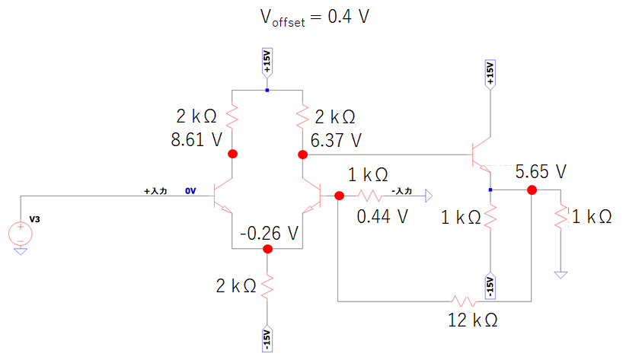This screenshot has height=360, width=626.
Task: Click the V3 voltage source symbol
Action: coord(21,234)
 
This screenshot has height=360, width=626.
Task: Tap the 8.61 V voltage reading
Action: coord(196,140)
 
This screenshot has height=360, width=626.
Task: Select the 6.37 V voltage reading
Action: coord(336,140)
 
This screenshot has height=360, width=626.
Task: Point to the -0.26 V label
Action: coord(269,233)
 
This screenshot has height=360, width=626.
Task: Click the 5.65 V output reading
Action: coord(541,171)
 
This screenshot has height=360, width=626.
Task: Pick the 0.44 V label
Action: coord(382,216)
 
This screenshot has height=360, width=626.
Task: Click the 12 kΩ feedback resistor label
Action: coord(473,320)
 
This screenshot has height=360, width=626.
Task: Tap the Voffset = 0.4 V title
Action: coord(315,18)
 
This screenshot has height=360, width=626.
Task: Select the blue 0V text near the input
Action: coord(190,191)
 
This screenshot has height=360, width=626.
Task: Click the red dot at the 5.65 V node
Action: coord(532,190)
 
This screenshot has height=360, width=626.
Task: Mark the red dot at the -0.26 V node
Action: coord(267,249)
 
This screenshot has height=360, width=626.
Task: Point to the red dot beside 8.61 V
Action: coord(232,154)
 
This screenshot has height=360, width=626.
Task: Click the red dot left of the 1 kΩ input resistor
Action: coord(339,196)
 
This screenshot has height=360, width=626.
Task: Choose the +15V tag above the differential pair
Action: coord(267,62)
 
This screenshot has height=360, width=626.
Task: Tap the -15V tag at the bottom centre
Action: coord(267,339)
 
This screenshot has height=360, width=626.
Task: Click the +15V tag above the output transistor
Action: coord(490,75)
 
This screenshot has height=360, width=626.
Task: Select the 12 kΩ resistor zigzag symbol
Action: coord(464,301)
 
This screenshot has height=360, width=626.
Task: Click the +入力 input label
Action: coord(155,191)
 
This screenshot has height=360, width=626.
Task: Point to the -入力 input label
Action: coord(401,191)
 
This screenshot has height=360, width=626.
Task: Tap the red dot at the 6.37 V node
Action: coord(302,155)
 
